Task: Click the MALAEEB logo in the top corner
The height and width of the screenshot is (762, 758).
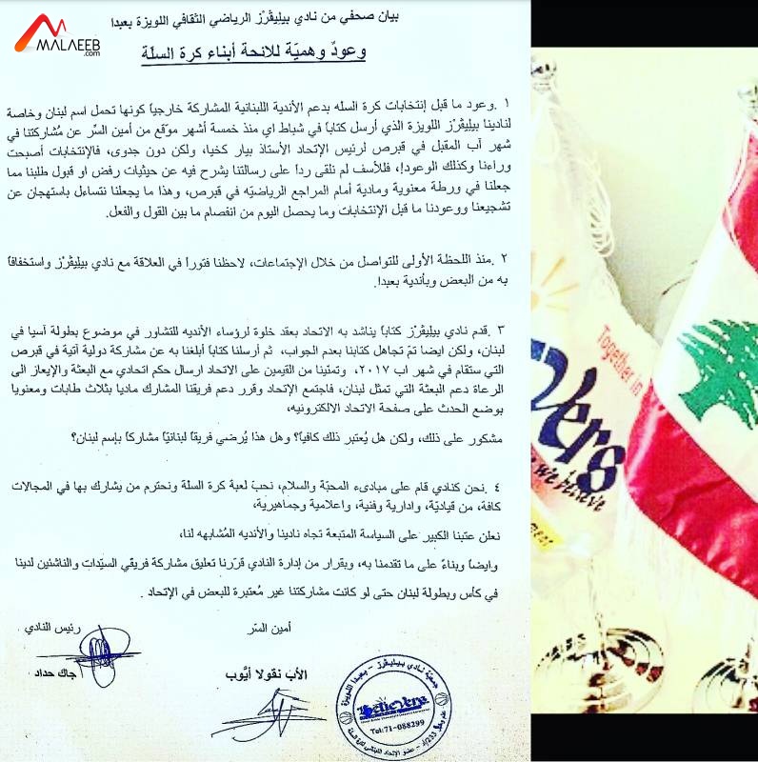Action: (57, 36)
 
